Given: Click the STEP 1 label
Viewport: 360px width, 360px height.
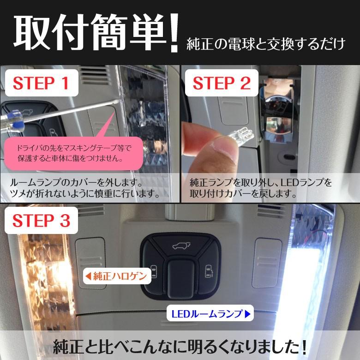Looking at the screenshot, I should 41,83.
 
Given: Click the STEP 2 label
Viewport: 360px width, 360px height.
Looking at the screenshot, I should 221,83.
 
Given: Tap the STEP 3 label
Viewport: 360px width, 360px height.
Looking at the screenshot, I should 41,221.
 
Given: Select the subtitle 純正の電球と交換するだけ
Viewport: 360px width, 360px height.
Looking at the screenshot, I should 265,44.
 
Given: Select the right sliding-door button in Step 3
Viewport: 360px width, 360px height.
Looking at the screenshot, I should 208,270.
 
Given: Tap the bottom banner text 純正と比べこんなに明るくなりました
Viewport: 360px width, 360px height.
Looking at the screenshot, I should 180,346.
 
